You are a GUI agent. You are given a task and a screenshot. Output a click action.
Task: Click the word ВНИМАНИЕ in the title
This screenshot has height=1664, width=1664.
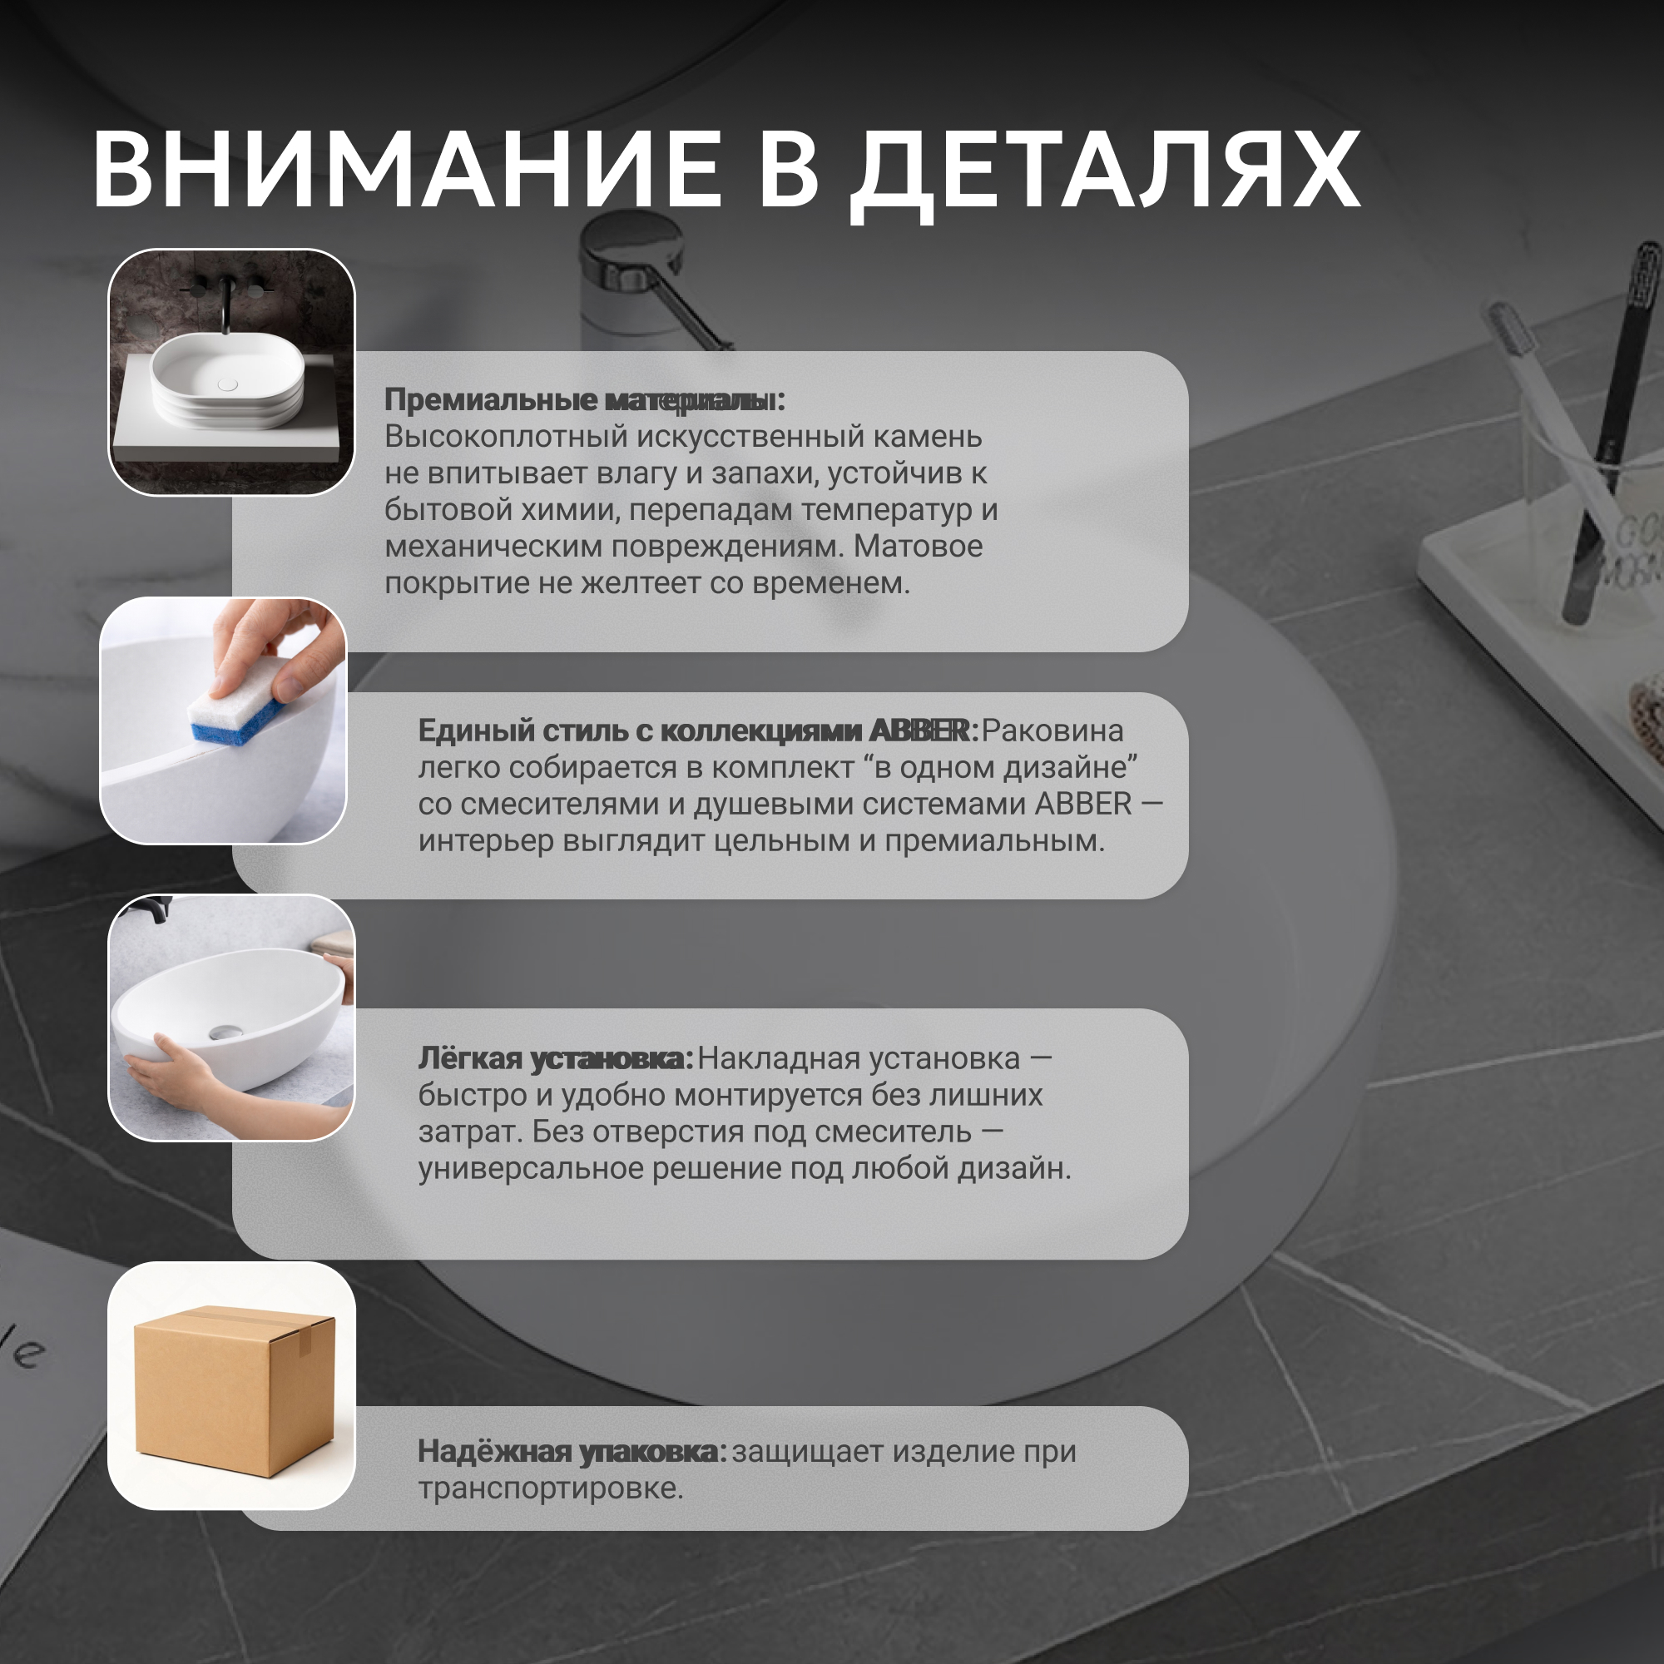coord(406,169)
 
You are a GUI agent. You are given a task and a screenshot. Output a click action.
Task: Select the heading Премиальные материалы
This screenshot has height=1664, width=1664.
coord(585,399)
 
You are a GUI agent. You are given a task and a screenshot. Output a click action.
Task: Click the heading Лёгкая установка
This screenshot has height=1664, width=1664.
coord(556,1058)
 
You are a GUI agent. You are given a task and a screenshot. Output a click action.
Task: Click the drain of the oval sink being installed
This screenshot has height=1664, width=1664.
coord(226,1033)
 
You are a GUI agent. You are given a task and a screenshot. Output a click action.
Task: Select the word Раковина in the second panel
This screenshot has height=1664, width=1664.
coord(1052,730)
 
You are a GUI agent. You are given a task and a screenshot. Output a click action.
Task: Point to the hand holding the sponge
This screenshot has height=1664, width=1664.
coord(275,646)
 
